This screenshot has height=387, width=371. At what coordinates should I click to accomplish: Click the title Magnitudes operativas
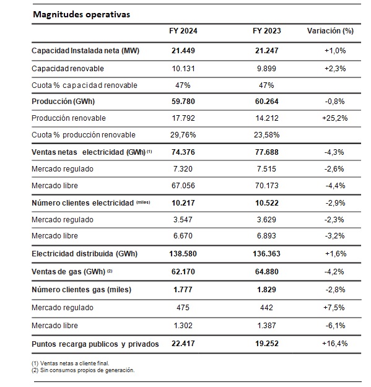click(82, 14)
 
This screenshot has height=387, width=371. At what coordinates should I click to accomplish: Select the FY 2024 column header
click(183, 31)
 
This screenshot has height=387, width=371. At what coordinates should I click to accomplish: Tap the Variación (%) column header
click(330, 31)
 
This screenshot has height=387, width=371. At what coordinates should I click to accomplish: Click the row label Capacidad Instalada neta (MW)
click(85, 51)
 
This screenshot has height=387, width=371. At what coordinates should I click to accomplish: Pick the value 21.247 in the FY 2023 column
click(266, 51)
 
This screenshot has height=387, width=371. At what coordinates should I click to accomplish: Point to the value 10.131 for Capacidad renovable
click(183, 68)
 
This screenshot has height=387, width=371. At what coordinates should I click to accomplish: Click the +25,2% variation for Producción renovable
click(334, 118)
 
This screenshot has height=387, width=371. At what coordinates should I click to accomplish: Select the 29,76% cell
click(183, 135)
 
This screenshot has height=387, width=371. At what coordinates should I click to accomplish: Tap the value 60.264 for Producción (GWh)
click(266, 102)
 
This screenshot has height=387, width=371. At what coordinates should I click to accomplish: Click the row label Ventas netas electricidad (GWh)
click(89, 152)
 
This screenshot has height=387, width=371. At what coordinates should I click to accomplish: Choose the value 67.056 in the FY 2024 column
click(183, 185)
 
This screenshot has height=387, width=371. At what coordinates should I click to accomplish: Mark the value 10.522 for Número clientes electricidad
click(266, 203)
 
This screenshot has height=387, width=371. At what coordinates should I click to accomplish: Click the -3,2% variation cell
click(334, 236)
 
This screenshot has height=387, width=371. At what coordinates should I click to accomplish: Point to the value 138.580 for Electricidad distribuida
click(183, 254)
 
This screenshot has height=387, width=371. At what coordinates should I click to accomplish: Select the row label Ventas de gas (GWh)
click(68, 272)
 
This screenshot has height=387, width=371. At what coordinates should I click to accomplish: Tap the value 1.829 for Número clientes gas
click(266, 290)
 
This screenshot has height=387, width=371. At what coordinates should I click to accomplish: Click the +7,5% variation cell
click(334, 308)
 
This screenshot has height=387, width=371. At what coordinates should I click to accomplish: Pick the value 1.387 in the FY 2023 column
click(266, 326)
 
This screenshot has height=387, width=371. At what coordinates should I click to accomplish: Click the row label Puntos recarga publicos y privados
click(95, 344)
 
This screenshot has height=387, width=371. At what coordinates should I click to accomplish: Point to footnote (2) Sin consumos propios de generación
click(83, 370)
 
